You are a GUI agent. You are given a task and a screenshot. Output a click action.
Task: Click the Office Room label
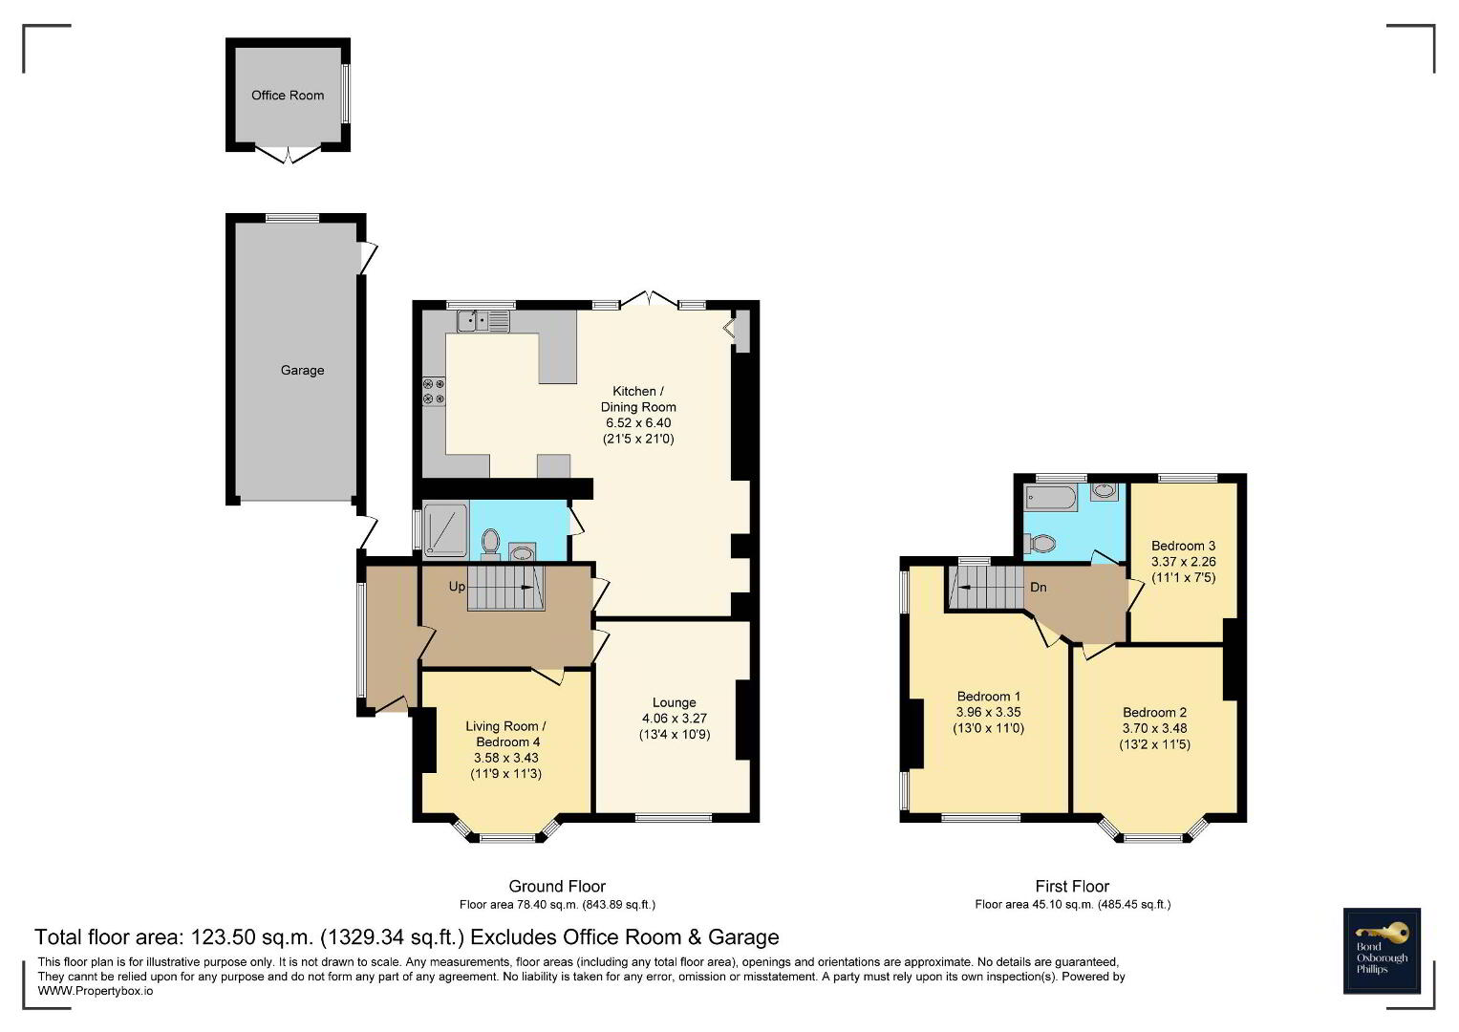point(288,96)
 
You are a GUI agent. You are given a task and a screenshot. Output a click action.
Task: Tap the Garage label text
point(302,370)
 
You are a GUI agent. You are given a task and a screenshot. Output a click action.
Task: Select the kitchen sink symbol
point(483,321)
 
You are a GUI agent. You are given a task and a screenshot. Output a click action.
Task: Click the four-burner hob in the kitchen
point(434,391)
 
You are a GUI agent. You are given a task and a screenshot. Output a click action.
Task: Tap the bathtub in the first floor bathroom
point(1051,497)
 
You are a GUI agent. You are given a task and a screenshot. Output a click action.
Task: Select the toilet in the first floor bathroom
point(1040,543)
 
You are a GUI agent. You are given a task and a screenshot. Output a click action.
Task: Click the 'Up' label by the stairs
point(458,587)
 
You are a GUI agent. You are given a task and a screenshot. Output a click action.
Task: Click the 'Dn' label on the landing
point(1039,587)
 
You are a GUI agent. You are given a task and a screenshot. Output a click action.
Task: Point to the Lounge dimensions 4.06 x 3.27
point(675,719)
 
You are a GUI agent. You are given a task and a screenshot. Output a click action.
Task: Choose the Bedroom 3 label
point(1184,546)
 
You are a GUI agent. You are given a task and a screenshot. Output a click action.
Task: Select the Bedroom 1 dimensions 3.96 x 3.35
point(988,713)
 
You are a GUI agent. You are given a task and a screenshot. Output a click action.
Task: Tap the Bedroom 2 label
point(1154,713)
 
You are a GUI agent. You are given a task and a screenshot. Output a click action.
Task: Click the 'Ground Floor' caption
point(557,886)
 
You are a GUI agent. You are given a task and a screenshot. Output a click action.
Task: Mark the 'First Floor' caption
point(1072,886)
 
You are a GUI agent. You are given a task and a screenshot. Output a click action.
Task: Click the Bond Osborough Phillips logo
point(1382,951)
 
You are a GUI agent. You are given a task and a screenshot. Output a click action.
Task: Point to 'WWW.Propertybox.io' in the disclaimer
point(96,991)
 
